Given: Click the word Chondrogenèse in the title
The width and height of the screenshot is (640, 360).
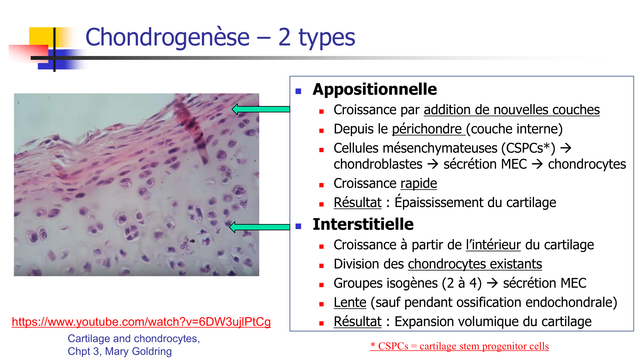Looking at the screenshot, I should (x=167, y=37).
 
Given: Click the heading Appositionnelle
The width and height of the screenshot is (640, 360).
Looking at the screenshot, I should (x=374, y=89).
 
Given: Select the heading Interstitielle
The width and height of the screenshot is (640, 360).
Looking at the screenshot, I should (x=363, y=224).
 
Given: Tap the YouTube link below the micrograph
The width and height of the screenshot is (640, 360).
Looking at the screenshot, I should (x=141, y=322).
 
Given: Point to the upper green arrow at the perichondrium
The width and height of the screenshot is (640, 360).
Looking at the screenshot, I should (x=261, y=109).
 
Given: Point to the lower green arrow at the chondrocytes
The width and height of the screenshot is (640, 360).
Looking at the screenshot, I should (x=259, y=227).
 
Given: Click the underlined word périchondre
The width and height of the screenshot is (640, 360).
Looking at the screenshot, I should (x=427, y=129).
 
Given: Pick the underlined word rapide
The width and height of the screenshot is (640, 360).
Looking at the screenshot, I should (x=419, y=183).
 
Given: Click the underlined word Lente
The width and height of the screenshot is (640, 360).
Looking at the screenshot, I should (x=350, y=302).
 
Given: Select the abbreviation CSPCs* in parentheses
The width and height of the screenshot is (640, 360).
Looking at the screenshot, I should (x=528, y=148).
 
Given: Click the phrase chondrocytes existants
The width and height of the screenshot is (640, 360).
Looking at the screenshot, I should (x=475, y=264).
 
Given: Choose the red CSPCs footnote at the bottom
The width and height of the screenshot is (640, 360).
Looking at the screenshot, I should (x=459, y=346).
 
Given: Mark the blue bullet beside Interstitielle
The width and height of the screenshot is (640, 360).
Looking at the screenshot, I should (x=299, y=226).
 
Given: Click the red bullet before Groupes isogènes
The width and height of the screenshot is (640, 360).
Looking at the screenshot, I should (x=322, y=285).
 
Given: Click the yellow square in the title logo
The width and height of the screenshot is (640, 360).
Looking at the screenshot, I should (x=40, y=36).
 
